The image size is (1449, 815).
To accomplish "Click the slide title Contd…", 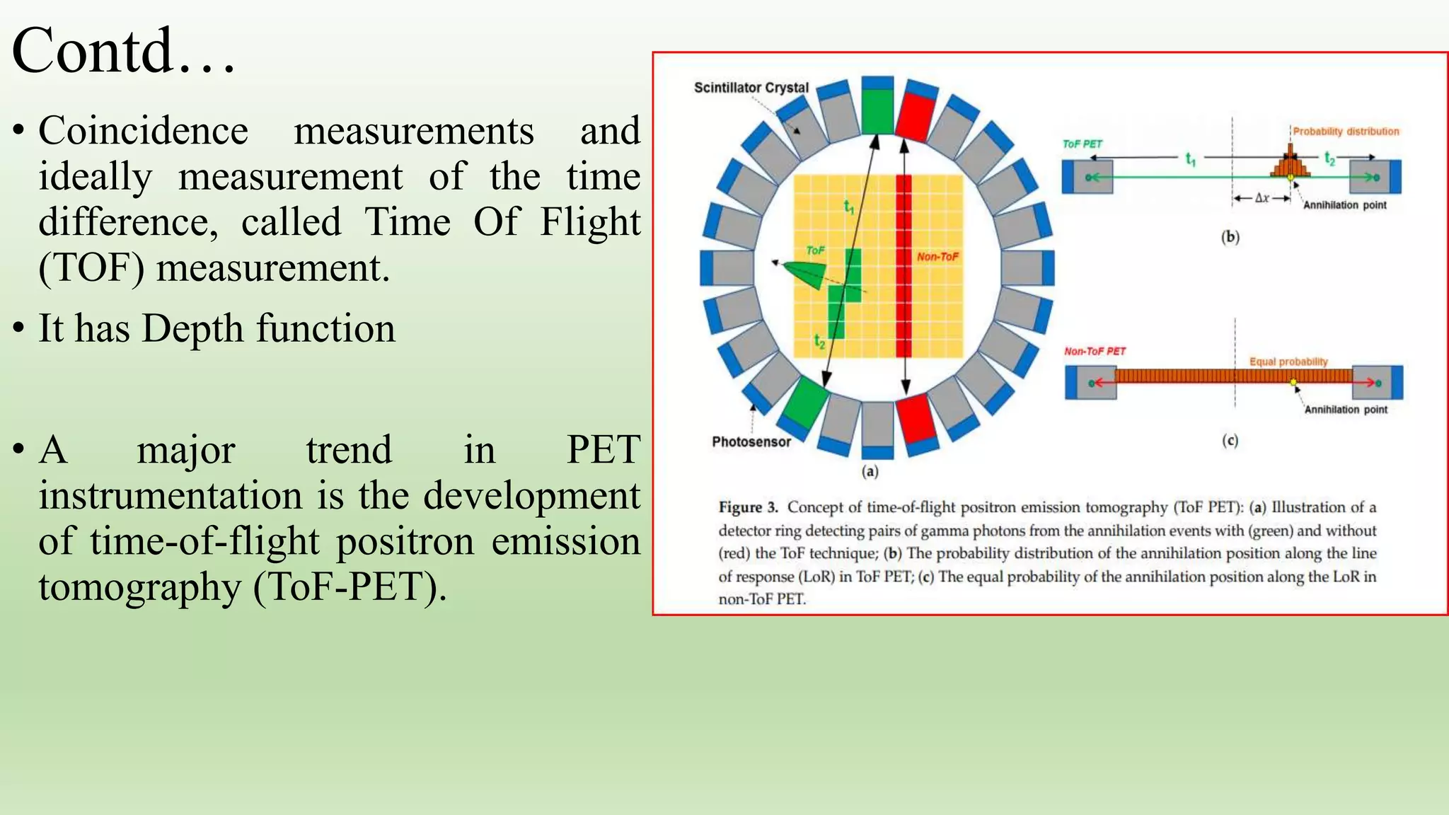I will click(124, 51).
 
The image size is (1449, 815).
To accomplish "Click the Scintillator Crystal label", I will click(751, 88).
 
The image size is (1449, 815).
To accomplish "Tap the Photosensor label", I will click(751, 442).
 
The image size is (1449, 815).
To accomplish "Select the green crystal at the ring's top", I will click(877, 110).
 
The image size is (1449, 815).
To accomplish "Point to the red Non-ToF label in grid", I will click(937, 257).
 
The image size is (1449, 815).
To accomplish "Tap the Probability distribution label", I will click(1346, 132).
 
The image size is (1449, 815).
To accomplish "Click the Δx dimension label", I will click(1262, 199).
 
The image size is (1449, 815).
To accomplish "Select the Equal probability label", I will click(1288, 362).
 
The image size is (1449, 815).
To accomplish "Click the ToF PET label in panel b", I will click(1082, 144).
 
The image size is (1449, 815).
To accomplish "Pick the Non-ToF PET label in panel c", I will click(1095, 352).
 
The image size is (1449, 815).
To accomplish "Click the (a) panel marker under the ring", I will click(870, 471).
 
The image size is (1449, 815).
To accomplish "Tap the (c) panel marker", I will click(1230, 441).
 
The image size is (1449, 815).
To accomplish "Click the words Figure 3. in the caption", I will click(748, 507).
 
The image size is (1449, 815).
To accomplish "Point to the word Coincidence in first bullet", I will click(143, 132).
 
